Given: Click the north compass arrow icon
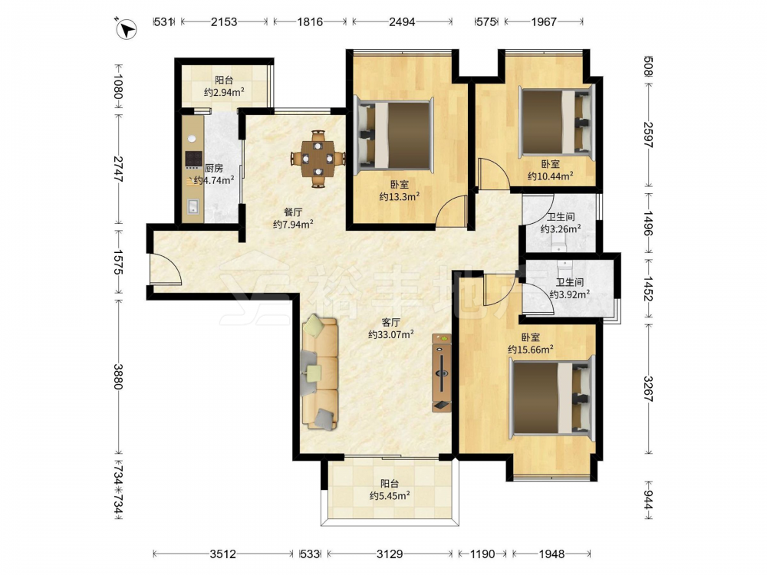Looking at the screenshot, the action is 127,28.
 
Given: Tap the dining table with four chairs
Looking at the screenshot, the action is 318,159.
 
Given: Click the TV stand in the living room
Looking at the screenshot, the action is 443,373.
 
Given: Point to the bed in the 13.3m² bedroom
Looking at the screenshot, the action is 395,135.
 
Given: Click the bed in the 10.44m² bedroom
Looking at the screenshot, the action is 558,122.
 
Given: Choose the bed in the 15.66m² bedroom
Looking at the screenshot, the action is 551,397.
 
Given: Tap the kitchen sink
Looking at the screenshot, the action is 193,207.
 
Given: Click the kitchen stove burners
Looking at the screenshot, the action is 194,159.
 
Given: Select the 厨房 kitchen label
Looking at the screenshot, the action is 214,168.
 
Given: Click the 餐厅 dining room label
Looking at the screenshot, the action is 293,212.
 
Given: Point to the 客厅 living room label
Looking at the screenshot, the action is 391,323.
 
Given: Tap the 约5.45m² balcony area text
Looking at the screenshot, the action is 390,496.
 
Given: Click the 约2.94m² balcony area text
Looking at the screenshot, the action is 224,92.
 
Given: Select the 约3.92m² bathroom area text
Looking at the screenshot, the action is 569,294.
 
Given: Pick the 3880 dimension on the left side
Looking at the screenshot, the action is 118,376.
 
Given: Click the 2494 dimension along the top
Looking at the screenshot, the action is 402,21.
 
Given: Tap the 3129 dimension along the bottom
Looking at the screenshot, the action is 390,554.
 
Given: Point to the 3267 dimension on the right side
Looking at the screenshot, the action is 648,389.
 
